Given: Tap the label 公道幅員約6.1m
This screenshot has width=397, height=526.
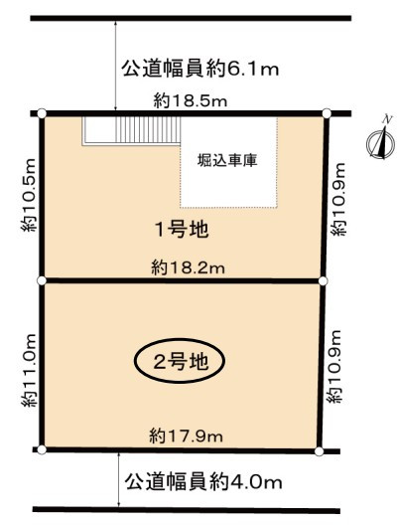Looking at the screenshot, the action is coord(199,69).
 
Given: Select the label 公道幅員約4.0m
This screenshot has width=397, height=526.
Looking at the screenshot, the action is coord(203,482).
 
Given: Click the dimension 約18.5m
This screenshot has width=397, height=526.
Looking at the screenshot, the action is coord(191,100).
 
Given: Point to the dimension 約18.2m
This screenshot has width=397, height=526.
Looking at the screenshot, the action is coord(188,268).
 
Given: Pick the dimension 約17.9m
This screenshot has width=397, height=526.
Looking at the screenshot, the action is coord(186,437).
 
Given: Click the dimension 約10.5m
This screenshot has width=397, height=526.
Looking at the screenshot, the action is coord(28,195).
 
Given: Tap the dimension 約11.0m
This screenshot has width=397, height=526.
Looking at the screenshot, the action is coord(28,370).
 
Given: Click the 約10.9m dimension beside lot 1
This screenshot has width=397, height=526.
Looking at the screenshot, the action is coord(338,199).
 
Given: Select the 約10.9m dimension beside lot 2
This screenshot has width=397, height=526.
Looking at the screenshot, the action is coord(333,366).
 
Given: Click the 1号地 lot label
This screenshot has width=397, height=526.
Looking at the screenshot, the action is coord(181,230).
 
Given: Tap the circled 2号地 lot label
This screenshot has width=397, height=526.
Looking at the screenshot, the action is coord(180,361).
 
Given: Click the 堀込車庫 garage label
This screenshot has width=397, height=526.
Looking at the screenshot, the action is coord(227,160).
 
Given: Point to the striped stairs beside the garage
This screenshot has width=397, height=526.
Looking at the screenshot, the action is coord(148,130).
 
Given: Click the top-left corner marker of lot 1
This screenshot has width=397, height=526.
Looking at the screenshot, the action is coord(42,113).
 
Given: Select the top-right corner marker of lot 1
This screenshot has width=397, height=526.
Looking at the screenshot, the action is coord(327,113).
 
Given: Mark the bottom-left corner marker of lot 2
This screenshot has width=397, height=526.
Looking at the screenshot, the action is coord(42,449).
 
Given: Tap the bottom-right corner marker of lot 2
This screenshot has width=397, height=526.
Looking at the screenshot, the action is coord(320,451).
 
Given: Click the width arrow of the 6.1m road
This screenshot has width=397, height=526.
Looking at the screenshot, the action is coord(115,66).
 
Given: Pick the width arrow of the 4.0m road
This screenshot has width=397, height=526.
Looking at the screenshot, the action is coord(119,479).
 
